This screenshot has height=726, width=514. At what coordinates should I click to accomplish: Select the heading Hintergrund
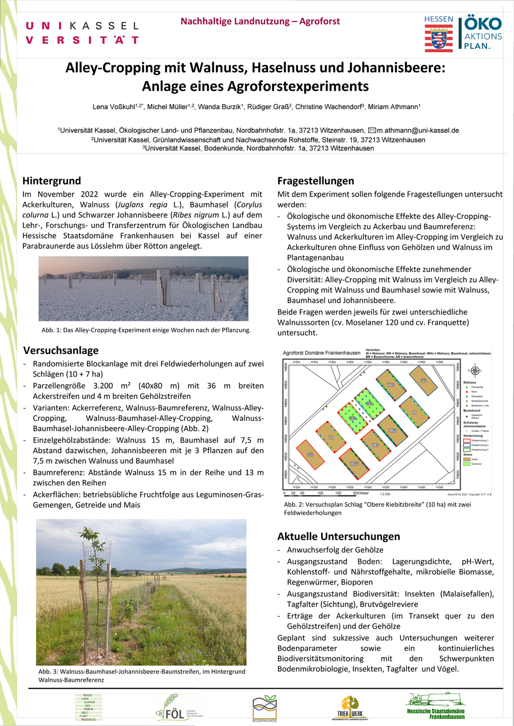(x=51, y=181)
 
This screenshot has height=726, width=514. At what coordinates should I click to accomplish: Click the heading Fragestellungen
(x=316, y=181)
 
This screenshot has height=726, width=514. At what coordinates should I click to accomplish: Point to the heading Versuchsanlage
(x=60, y=350)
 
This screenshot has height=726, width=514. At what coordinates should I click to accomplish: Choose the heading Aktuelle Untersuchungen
(x=338, y=537)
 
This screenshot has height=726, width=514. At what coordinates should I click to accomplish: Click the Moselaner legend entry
(x=475, y=397)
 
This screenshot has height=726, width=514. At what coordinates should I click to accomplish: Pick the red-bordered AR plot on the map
(x=310, y=455)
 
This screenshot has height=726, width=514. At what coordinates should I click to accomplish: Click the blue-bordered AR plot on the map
(x=423, y=380)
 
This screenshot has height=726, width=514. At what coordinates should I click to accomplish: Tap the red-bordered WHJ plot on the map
(x=354, y=463)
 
